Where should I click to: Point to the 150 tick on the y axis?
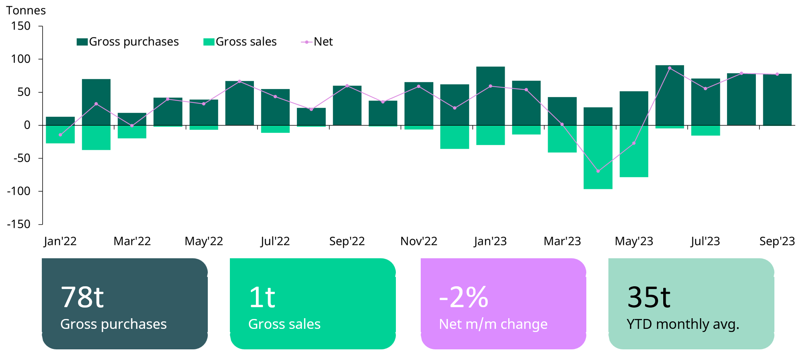tap(21, 26)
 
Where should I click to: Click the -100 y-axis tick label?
tap(19, 191)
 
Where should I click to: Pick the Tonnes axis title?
tap(26, 10)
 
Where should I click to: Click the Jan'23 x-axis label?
tap(490, 241)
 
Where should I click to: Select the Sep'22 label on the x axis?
tap(347, 241)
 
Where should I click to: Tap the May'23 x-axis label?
tap(634, 241)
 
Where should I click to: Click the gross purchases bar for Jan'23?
tap(490, 96)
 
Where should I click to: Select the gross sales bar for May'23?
tap(634, 151)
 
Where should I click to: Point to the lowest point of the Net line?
tap(598, 171)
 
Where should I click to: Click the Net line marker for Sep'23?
tap(777, 74)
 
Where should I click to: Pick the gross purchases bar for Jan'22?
tap(60, 121)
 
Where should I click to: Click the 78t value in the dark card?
tap(82, 297)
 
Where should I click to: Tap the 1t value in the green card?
tap(262, 297)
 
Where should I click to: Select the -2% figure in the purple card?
tap(464, 297)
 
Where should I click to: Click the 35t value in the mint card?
tap(649, 297)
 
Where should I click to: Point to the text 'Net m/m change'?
tap(493, 324)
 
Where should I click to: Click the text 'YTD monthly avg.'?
tap(683, 324)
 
